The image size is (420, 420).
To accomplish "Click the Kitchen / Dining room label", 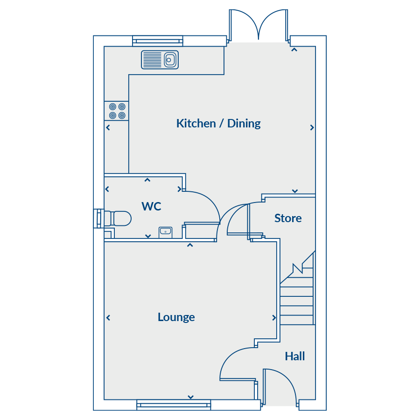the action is coord(218,124).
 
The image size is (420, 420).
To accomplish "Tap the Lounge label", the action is coord(176,317).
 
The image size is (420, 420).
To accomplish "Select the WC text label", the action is coord(151,206).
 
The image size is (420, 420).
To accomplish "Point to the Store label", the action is coord(288,218).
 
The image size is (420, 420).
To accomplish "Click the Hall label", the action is coord(295,356).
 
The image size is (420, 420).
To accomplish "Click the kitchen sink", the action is coord(160,60).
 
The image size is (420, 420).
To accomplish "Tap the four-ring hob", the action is coord(117,111).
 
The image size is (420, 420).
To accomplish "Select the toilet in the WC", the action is coord(118,218).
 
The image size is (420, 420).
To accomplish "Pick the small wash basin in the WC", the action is coord(166,232).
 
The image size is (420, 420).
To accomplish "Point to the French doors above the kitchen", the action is coord(259,26).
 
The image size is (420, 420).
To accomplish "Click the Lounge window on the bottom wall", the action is coord(174,405).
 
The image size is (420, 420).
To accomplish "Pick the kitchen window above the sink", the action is coord(158,41).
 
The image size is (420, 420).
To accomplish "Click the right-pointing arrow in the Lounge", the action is coord(274,318).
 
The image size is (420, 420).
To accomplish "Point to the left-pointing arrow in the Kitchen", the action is coord(108,127).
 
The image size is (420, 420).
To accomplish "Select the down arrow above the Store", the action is coord(295,191).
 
